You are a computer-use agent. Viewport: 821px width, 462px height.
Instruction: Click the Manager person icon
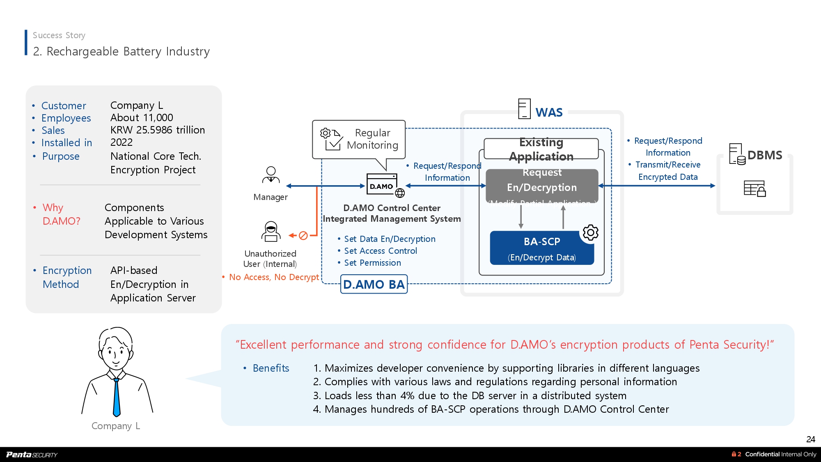coord(271,175)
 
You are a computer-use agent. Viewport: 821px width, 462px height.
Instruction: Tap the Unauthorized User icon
coord(271,232)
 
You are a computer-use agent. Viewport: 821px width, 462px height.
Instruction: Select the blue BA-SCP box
coord(541,248)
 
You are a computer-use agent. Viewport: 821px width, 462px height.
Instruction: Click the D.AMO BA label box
coord(374,284)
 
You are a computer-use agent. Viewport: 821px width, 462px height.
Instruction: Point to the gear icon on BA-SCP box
coord(590,233)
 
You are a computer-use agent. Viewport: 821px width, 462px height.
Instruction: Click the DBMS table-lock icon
coord(754,188)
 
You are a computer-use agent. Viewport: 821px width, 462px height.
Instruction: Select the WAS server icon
coord(524,109)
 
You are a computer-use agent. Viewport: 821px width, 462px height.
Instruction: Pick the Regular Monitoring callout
coord(359,140)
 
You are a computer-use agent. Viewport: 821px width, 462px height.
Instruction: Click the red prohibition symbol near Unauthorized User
coord(303,235)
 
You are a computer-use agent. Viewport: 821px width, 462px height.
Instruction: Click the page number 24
coord(810,439)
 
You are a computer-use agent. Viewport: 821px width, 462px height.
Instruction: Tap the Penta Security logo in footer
coord(32,454)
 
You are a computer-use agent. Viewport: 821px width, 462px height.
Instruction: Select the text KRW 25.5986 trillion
coord(158,130)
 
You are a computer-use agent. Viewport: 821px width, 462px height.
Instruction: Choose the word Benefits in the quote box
coord(271,368)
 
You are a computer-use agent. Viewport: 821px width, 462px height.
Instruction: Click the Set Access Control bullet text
coord(380,251)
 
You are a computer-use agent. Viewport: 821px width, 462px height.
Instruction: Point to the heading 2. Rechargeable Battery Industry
coord(121,51)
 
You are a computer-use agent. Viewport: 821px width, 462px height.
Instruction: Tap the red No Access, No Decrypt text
coord(274,277)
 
